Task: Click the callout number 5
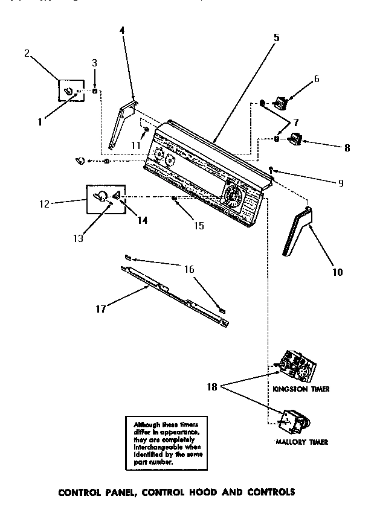click(x=275, y=37)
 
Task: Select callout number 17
click(x=101, y=308)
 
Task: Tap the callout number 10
click(x=337, y=272)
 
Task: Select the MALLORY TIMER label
click(x=301, y=442)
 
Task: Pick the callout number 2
click(x=27, y=53)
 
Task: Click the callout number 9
click(x=340, y=183)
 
